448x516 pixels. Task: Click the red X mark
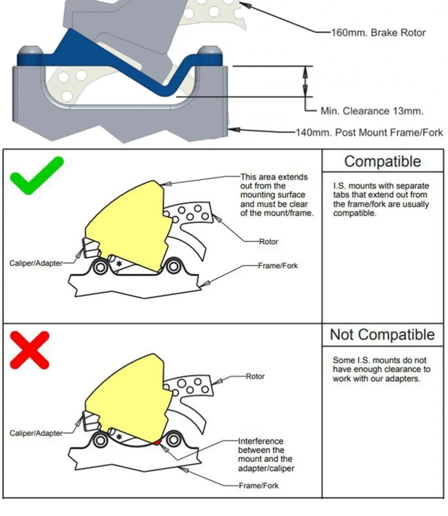pyautogui.click(x=29, y=350)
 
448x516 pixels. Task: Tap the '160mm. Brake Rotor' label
pyautogui.click(x=378, y=33)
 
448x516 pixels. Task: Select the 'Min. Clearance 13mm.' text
pyautogui.click(x=372, y=111)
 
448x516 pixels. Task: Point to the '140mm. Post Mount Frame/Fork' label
pyautogui.click(x=369, y=133)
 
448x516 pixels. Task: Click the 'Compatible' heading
pyautogui.click(x=382, y=161)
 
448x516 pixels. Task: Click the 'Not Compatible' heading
pyautogui.click(x=382, y=335)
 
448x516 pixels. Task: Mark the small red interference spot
pyautogui.click(x=156, y=443)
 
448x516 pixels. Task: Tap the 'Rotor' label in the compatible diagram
pyautogui.click(x=268, y=241)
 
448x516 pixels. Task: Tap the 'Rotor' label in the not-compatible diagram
pyautogui.click(x=255, y=376)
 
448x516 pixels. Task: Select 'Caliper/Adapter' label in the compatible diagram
pyautogui.click(x=36, y=263)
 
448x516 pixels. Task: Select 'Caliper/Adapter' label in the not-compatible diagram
pyautogui.click(x=36, y=433)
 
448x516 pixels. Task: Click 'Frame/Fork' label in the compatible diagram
pyautogui.click(x=278, y=266)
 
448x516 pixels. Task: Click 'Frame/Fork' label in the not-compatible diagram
pyautogui.click(x=258, y=486)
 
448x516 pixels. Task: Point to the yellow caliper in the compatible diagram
pyautogui.click(x=125, y=224)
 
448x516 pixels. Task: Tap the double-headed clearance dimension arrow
pyautogui.click(x=306, y=81)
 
